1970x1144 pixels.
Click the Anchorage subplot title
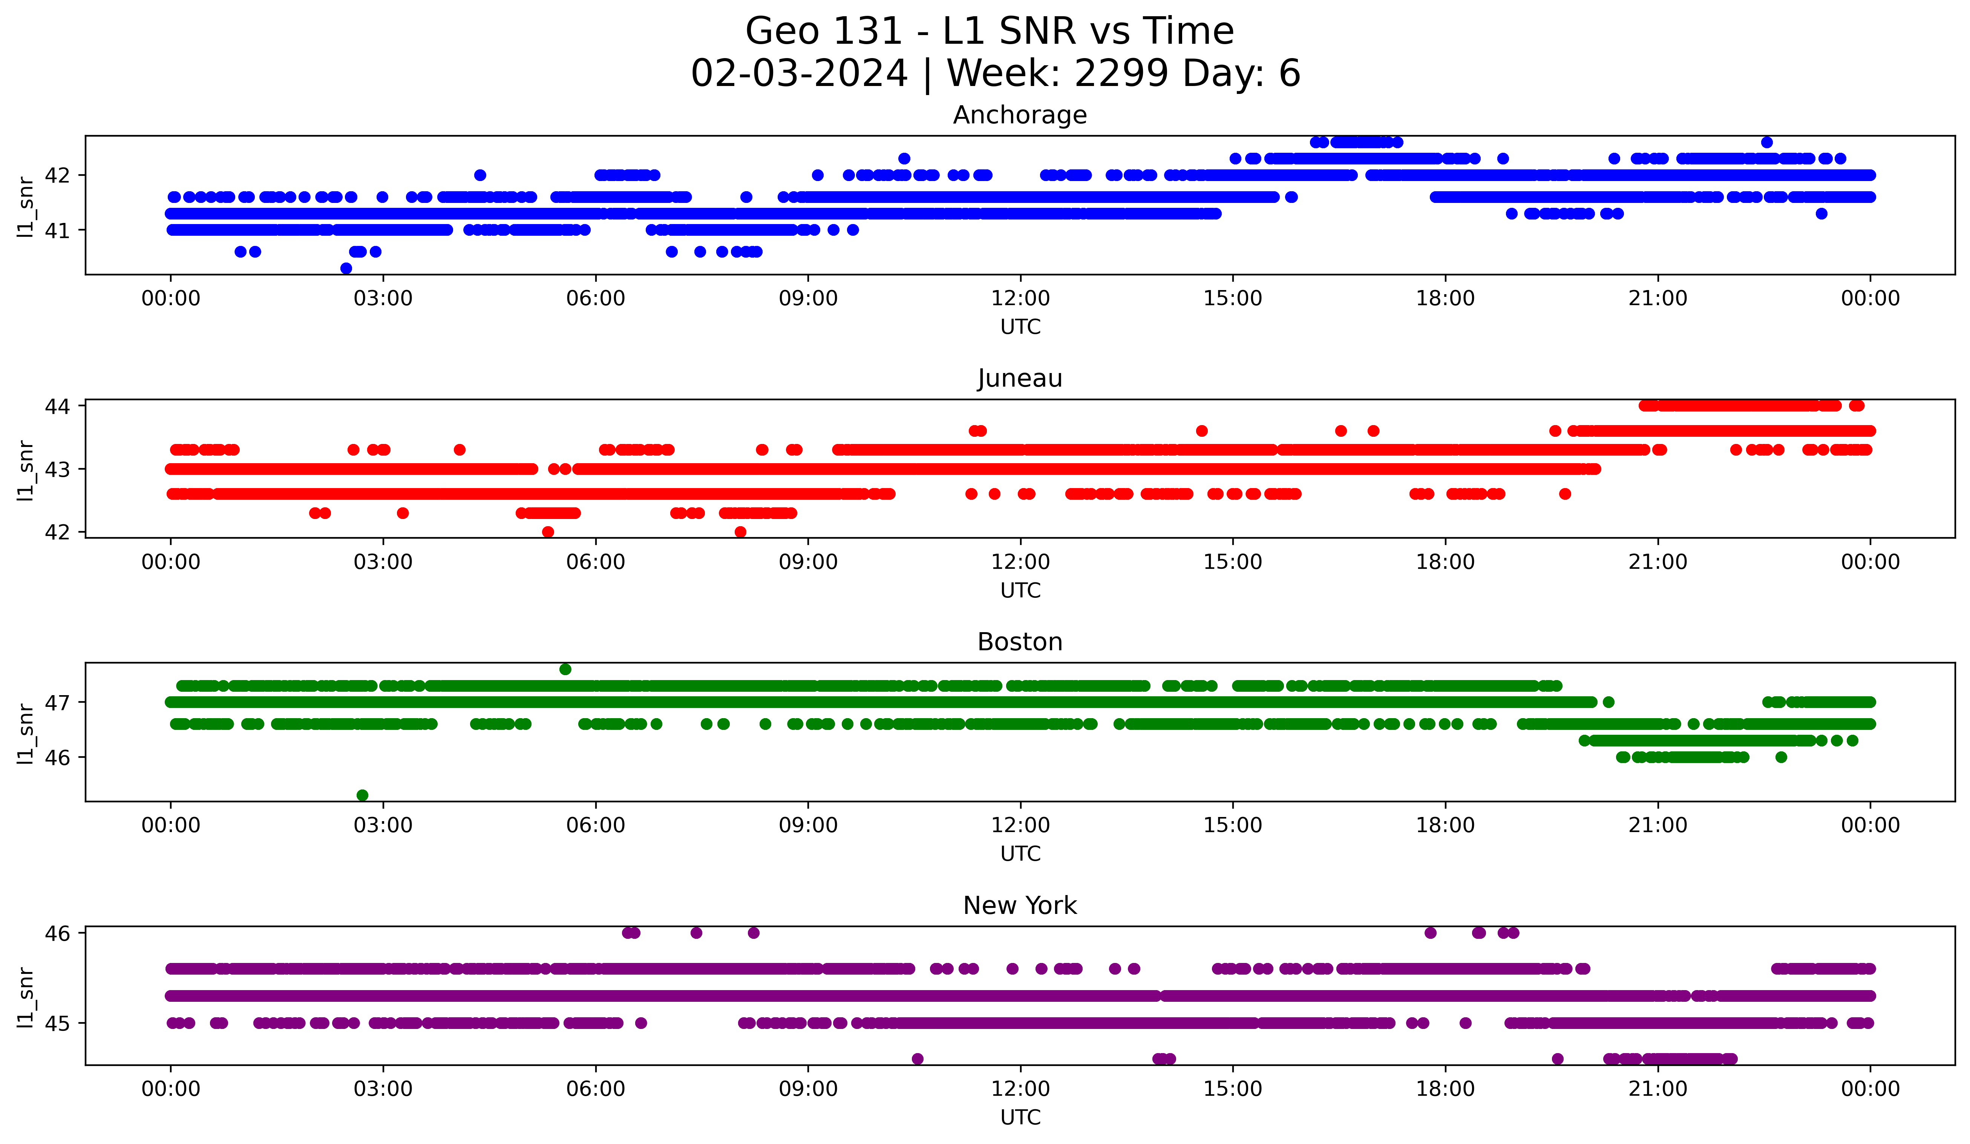point(1019,115)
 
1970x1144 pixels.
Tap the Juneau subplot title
point(1019,378)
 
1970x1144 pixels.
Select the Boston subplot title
point(1019,642)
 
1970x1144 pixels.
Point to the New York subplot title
point(1019,906)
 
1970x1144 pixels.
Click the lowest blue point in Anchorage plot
point(346,268)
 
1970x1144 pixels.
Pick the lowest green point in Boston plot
point(362,795)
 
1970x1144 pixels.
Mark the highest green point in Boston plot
point(565,670)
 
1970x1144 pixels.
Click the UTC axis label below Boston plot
point(1020,854)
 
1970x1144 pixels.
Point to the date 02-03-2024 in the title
point(799,74)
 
